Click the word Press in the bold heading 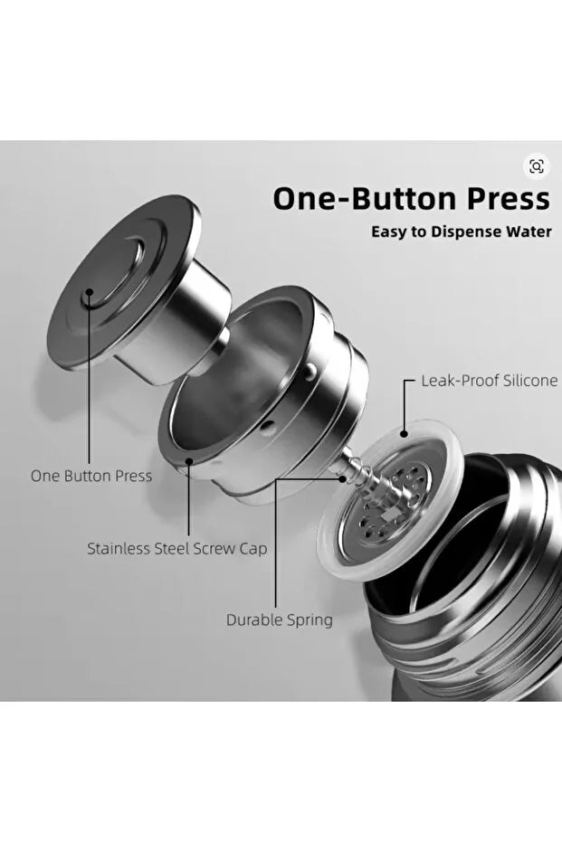(508, 198)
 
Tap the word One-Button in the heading (366, 198)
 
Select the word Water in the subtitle (529, 232)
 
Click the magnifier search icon (537, 166)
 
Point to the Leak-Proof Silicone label (489, 381)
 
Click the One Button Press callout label (91, 476)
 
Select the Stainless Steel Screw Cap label (177, 549)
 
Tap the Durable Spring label (280, 620)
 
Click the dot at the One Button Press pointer (90, 293)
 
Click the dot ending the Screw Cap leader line (188, 460)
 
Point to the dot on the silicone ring (404, 433)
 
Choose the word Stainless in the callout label (119, 549)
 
